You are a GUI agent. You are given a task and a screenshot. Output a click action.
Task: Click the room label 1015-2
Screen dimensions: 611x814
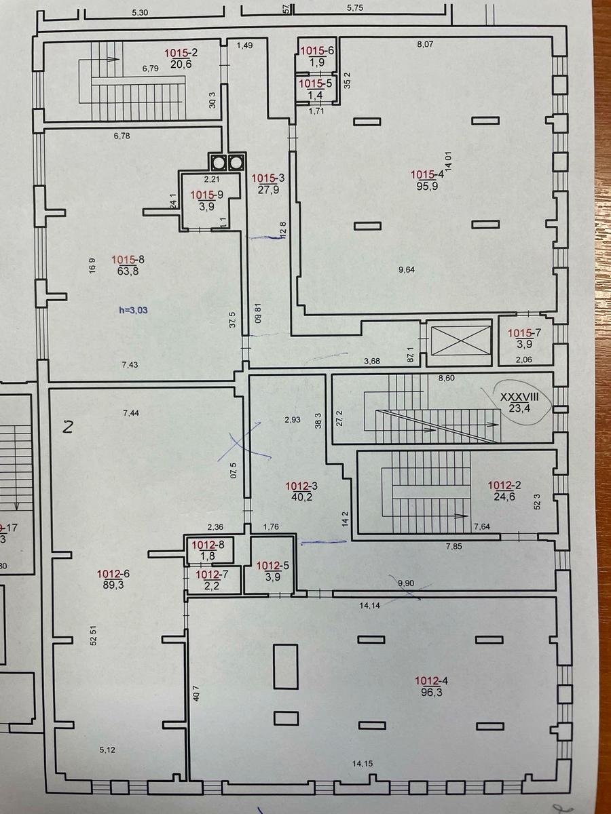[x=181, y=53]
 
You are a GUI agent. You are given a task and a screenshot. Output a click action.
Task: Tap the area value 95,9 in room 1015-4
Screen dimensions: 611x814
[x=427, y=185]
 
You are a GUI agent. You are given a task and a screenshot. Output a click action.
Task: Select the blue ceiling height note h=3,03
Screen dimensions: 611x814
[x=133, y=310]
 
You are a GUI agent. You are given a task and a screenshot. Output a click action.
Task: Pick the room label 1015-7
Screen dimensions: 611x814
[x=524, y=333]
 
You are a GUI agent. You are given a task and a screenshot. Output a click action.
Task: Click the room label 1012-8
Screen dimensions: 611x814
[x=208, y=545]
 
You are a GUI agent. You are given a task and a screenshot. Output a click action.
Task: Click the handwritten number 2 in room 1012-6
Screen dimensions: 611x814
[x=67, y=428]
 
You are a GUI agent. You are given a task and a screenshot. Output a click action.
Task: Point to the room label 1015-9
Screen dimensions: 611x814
[x=206, y=195]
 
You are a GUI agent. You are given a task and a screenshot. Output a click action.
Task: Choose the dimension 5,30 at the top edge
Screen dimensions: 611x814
[x=140, y=13]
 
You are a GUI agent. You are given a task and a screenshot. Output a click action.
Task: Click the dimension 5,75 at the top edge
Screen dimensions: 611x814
[x=355, y=7]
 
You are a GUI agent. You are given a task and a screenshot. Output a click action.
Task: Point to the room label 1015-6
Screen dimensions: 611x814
[x=317, y=51]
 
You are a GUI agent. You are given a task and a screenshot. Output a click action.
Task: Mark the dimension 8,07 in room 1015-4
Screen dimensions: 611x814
[x=425, y=45]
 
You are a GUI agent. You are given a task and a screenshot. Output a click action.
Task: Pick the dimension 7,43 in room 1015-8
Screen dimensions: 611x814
[x=130, y=365]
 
